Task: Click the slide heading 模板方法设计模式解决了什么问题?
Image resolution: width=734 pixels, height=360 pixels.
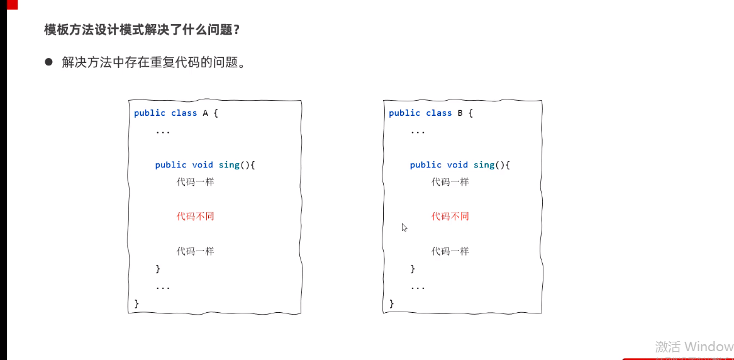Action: coord(142,30)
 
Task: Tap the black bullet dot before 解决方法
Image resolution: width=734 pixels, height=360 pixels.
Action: coord(48,62)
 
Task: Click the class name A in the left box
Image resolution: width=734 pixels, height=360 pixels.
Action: coord(204,113)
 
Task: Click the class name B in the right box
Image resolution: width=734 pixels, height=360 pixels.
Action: coord(460,113)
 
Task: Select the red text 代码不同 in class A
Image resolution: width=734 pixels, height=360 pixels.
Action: coord(195,217)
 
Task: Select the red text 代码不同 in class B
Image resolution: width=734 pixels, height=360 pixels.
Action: coord(450,217)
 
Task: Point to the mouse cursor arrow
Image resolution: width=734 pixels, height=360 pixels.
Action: coord(404,227)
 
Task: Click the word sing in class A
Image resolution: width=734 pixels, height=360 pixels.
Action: coord(229,165)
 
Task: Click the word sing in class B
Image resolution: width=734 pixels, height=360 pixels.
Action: coord(484,165)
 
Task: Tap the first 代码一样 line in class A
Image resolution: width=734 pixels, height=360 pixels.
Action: coord(195,182)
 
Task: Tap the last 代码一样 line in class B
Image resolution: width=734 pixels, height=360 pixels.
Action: coord(450,251)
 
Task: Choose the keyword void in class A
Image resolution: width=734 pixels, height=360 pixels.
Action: coord(203,165)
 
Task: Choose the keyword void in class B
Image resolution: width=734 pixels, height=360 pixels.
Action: coord(457,165)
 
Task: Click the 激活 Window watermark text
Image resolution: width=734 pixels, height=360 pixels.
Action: coord(694,347)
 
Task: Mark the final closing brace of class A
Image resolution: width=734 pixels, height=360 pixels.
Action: coord(136,304)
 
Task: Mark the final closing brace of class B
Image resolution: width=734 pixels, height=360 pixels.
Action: coord(391,304)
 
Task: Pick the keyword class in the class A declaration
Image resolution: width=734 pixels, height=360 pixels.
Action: coord(184,113)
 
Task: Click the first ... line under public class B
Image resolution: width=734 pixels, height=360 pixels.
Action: coord(417,132)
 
